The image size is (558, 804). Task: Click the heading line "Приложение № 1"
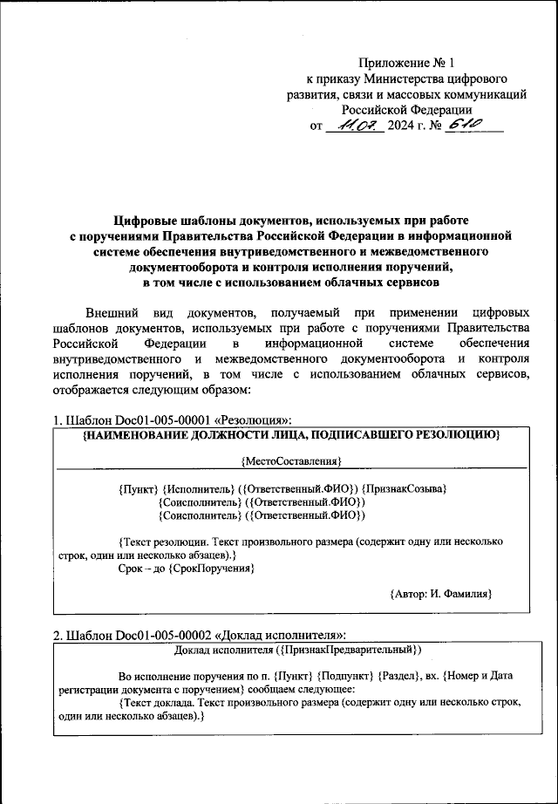(406, 63)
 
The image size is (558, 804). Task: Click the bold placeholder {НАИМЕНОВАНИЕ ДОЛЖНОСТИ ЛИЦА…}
(290, 433)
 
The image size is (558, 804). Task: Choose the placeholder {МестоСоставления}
(290, 459)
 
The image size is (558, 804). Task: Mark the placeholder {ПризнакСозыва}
(405, 490)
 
